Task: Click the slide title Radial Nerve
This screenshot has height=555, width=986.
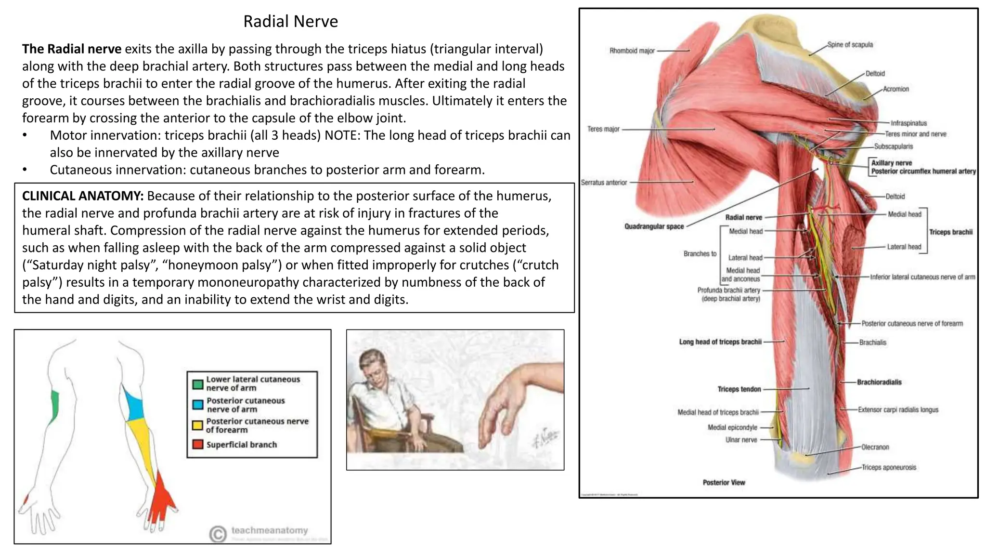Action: pos(290,21)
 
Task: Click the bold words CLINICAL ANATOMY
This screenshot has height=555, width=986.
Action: pos(82,196)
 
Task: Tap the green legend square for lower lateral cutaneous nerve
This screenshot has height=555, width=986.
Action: pos(197,384)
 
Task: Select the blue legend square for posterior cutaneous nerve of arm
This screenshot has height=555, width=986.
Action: pos(197,405)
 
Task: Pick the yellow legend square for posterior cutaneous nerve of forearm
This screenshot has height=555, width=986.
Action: pos(197,425)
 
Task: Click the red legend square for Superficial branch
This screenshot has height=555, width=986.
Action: pos(197,444)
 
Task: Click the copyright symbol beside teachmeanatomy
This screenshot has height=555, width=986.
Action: pos(218,533)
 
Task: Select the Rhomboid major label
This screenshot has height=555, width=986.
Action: pos(632,51)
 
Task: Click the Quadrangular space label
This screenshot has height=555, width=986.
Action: pos(654,226)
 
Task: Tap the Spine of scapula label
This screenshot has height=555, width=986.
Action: pos(850,45)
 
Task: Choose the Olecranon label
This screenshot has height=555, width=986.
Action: pos(875,447)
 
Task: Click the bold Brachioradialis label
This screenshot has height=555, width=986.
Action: pos(879,382)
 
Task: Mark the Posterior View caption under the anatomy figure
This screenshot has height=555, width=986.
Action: pos(724,482)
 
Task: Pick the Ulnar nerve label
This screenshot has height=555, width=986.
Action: pos(741,440)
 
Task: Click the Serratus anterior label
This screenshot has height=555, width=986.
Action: pos(604,183)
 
